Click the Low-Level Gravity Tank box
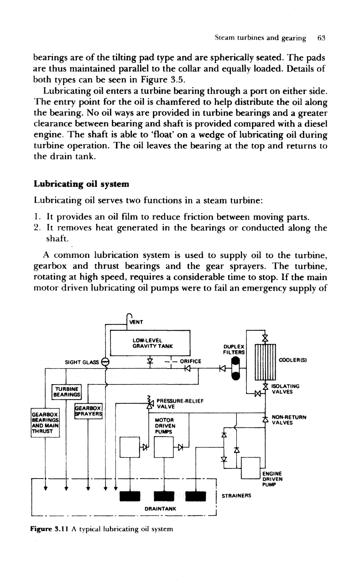click(150, 343)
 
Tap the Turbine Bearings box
click(67, 392)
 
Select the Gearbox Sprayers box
click(89, 411)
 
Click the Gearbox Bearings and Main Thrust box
click(45, 422)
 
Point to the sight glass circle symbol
click(105, 362)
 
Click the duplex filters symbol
click(236, 368)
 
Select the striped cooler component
click(265, 362)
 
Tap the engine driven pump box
click(250, 468)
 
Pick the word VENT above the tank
click(136, 322)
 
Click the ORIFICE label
click(191, 361)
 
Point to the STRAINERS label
click(236, 495)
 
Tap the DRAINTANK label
click(160, 509)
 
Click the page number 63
click(322, 38)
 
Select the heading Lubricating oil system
click(82, 184)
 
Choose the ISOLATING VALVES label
click(286, 389)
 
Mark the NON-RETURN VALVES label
click(289, 420)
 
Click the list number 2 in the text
click(37, 228)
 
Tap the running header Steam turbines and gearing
click(260, 38)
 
